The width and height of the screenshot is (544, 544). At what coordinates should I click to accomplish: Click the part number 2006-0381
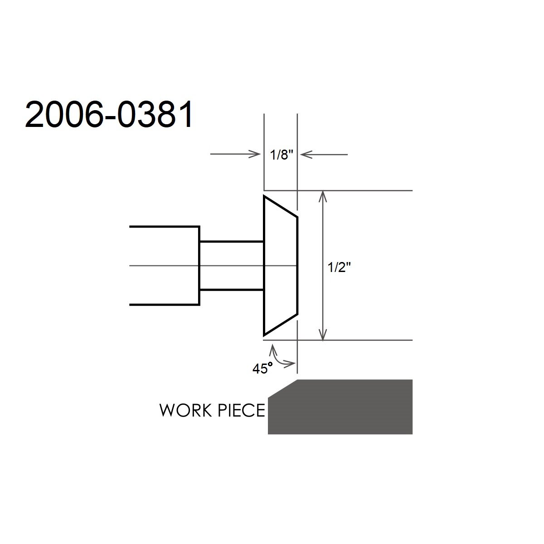[109, 115]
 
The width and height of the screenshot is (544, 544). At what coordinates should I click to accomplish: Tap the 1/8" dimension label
[282, 155]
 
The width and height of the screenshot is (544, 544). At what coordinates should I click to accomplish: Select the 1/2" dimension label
[339, 267]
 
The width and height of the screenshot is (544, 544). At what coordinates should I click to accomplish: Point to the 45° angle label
[263, 368]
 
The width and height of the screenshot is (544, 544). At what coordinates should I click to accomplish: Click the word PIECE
[241, 410]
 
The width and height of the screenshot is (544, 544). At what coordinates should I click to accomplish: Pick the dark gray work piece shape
[340, 407]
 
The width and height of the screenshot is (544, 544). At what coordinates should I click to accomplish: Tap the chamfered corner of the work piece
[282, 389]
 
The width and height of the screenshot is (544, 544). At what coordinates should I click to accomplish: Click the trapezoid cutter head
[280, 266]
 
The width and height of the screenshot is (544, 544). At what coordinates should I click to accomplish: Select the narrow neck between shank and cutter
[232, 266]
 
